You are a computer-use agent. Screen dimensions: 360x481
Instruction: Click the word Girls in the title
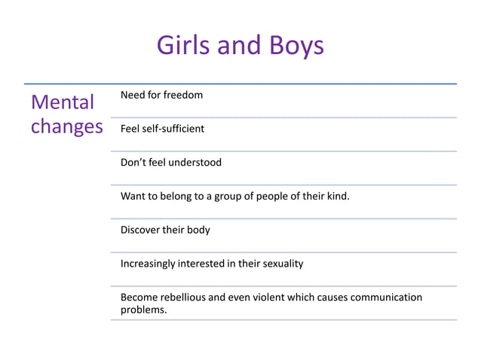pos(182,46)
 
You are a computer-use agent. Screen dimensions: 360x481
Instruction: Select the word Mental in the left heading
pos(63,102)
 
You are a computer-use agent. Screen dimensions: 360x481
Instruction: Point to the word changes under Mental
pos(66,127)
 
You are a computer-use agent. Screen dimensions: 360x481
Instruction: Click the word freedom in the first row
pos(183,95)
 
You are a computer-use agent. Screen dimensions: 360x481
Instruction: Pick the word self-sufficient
pos(174,129)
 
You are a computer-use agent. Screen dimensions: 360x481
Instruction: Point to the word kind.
pos(339,197)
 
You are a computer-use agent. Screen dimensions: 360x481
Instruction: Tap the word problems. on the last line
pos(144,310)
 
